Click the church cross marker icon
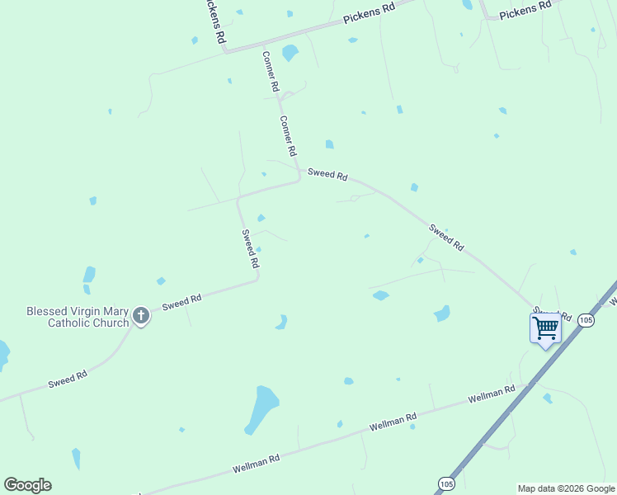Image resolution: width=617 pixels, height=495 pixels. tap(141, 314)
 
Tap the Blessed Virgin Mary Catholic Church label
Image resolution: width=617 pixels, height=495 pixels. tap(78, 317)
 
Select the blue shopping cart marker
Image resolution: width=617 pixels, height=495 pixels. tap(545, 328)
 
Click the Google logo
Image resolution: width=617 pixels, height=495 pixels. tap(27, 485)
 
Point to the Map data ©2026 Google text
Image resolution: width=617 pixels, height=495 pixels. tap(566, 488)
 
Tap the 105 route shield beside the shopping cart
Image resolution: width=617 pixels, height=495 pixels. tap(586, 320)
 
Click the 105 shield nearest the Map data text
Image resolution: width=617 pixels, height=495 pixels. tap(446, 483)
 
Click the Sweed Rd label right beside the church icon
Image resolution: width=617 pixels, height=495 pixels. tap(182, 303)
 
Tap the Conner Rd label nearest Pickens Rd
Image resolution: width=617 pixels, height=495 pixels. tap(271, 72)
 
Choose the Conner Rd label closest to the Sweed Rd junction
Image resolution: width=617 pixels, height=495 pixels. tap(288, 136)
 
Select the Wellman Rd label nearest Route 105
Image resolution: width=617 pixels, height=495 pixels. tap(491, 394)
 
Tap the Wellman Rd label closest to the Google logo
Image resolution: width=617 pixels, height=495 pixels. tap(256, 463)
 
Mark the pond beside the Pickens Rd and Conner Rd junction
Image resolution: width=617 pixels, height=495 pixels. tap(290, 54)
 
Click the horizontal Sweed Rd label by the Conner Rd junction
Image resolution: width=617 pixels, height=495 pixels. tap(327, 175)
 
